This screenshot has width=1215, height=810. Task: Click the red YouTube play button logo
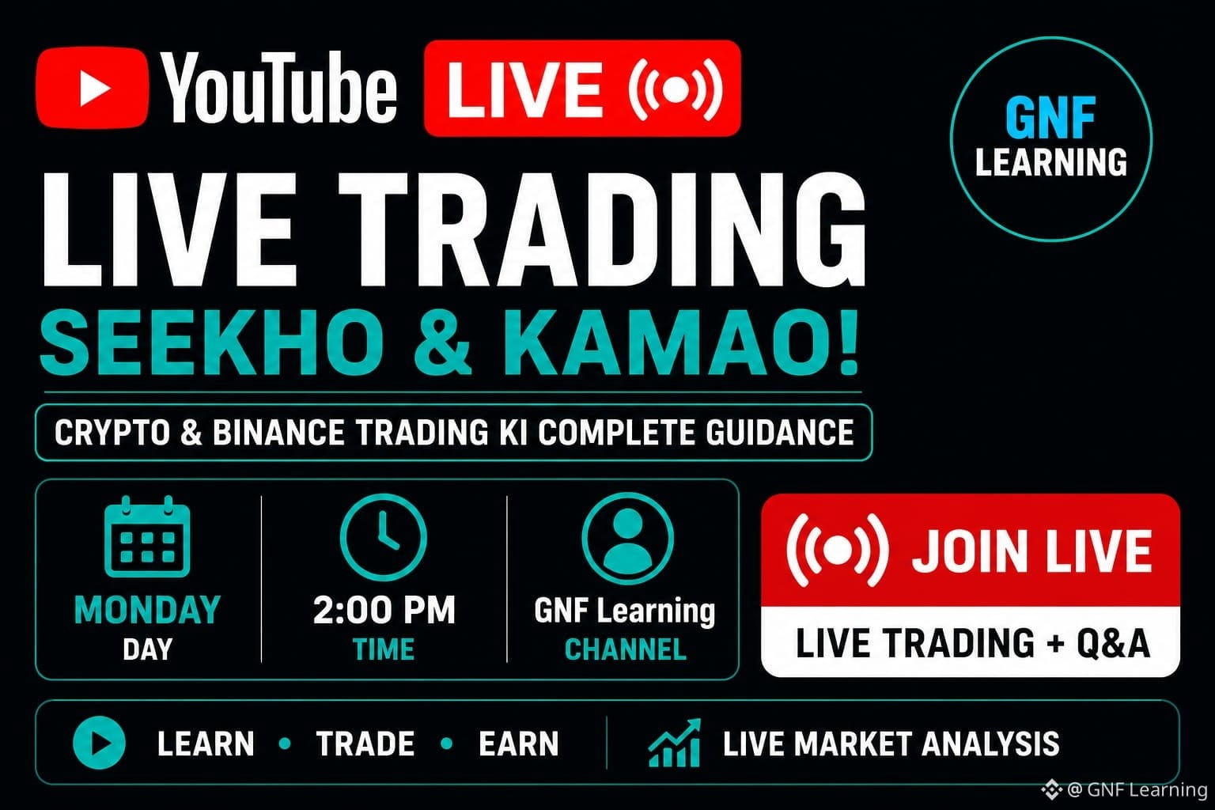(x=93, y=88)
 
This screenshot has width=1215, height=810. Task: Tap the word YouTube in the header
(x=280, y=88)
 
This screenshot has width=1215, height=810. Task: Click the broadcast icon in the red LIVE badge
(x=676, y=89)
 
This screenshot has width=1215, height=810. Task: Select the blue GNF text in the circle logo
(x=1050, y=118)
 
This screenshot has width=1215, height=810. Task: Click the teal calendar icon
(x=147, y=536)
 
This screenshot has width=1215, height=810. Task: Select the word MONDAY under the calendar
(x=147, y=610)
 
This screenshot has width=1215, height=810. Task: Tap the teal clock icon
(x=384, y=537)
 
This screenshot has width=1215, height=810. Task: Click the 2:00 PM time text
(x=384, y=610)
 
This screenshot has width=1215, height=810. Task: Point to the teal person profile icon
(x=627, y=538)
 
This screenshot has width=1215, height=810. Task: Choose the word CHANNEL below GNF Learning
(x=626, y=649)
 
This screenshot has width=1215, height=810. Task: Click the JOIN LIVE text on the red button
(x=1032, y=551)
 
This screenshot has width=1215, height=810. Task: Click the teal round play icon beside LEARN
(x=99, y=743)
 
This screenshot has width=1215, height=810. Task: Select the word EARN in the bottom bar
(x=519, y=744)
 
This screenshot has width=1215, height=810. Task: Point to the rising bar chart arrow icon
(x=674, y=743)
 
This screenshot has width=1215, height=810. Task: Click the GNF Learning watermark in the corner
(x=1124, y=790)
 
